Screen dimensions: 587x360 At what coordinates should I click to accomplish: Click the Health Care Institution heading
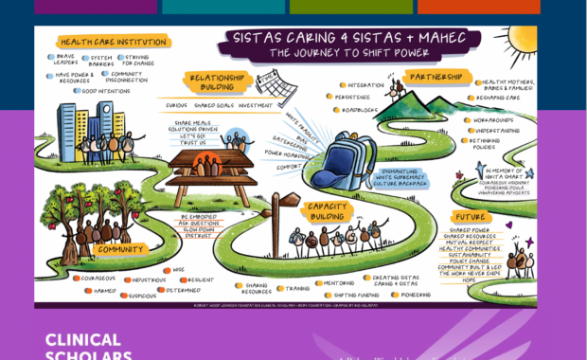coord(114,42)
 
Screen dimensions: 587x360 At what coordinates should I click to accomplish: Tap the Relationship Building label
coord(218,83)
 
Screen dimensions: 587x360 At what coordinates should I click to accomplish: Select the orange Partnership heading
coord(436,77)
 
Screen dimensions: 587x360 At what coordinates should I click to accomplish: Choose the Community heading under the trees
coord(120,250)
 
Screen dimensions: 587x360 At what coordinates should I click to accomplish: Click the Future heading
coord(471,216)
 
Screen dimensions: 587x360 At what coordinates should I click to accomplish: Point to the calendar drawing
coord(276,87)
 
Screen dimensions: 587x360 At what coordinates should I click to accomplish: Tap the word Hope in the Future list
coord(469,279)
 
